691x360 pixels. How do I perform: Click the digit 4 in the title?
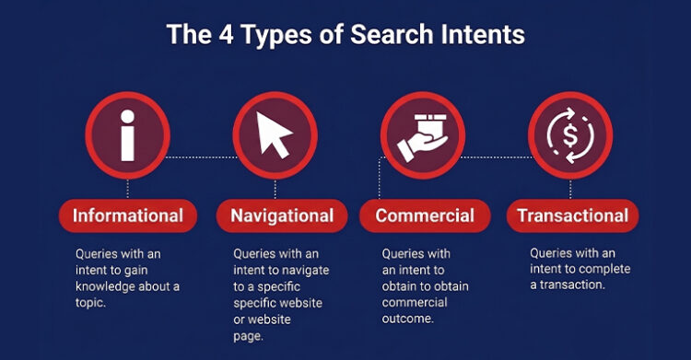(x=226, y=34)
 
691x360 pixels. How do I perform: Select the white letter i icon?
(x=128, y=135)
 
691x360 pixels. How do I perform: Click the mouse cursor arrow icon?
(x=274, y=134)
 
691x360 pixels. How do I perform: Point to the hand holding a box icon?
(x=423, y=138)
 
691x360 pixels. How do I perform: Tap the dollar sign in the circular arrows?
(x=570, y=135)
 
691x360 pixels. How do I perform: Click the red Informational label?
(x=128, y=216)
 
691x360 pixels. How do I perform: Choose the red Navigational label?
(x=282, y=216)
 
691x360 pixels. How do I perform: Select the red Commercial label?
(x=425, y=216)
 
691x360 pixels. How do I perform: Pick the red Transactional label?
(x=572, y=216)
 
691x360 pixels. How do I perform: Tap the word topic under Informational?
(x=90, y=303)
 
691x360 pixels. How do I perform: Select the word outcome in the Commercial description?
(x=407, y=319)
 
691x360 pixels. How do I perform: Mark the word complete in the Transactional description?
(x=604, y=269)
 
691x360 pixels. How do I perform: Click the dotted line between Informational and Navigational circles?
(x=202, y=157)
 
